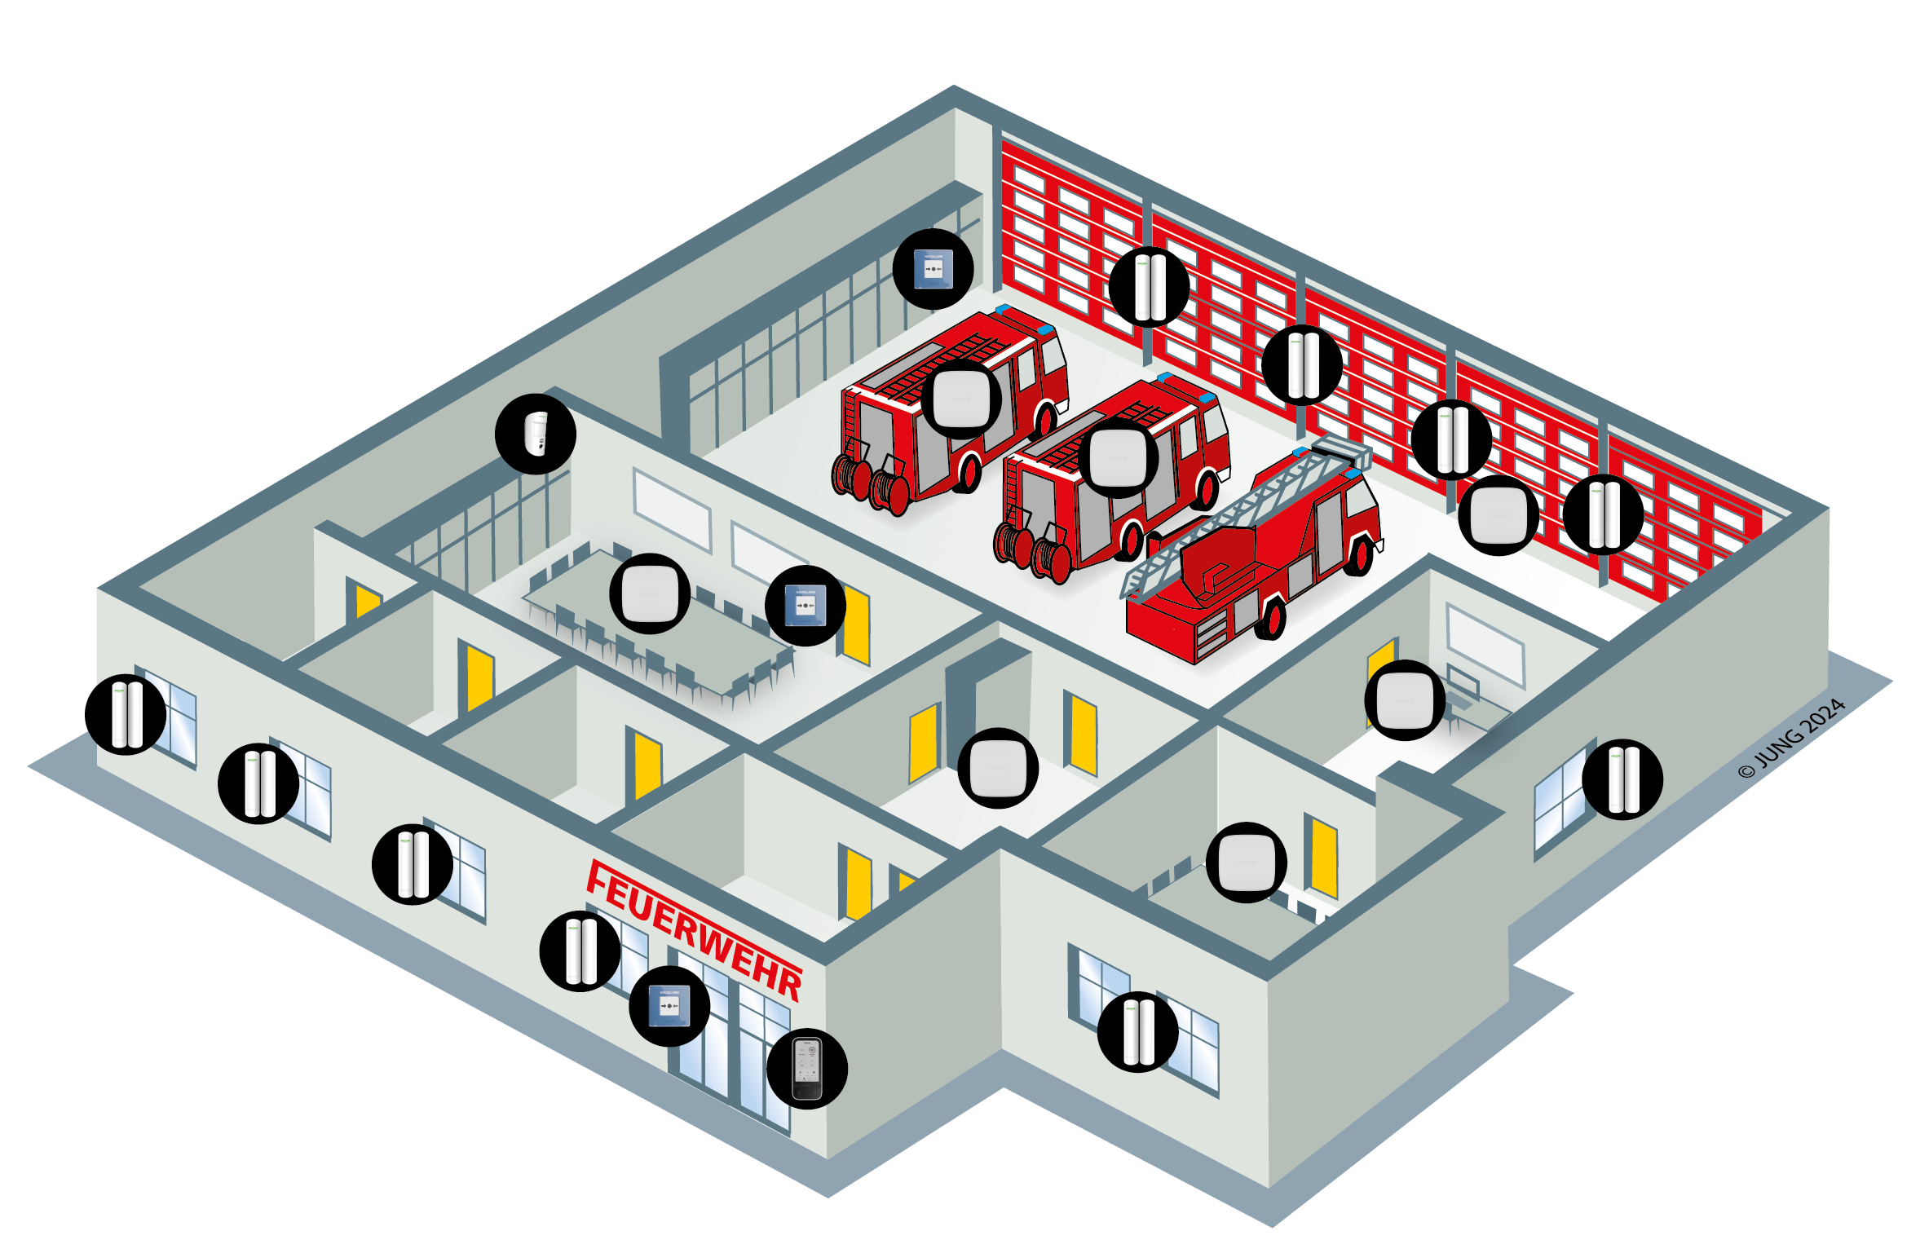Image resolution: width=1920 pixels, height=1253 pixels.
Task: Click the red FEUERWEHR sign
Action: (694, 929)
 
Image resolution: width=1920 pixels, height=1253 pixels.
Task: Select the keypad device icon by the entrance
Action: (806, 1068)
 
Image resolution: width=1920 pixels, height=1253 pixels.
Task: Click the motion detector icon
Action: (536, 434)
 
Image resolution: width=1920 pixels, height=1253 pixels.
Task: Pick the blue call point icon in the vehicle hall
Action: (933, 269)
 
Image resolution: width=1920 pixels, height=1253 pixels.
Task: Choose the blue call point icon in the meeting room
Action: (805, 606)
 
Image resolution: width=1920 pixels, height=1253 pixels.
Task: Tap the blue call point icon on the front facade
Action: (669, 1006)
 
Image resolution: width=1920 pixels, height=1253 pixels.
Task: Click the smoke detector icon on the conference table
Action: (650, 593)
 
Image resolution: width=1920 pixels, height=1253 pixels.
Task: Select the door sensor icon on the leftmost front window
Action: (126, 714)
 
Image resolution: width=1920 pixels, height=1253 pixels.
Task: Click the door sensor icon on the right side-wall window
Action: (1622, 779)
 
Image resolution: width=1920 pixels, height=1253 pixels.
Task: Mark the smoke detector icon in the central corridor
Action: (997, 768)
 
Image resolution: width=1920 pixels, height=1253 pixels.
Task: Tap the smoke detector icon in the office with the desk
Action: (1405, 700)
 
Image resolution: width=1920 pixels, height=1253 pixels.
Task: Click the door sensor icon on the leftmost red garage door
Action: (1149, 287)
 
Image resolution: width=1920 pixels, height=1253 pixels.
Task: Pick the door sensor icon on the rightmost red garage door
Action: (1603, 514)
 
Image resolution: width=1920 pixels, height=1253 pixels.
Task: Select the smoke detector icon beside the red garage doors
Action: (1498, 515)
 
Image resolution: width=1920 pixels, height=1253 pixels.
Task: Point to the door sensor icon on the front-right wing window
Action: (1137, 1031)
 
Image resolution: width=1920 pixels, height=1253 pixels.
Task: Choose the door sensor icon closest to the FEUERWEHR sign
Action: (580, 951)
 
